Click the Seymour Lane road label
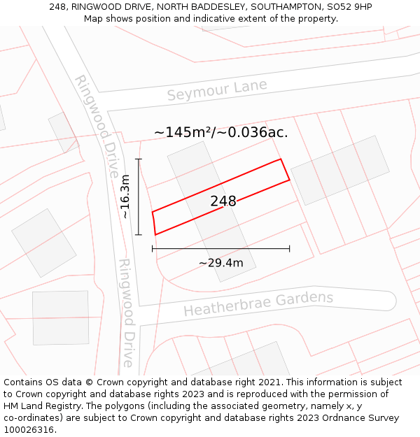[217, 90]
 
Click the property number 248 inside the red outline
[223, 201]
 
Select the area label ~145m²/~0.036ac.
[221, 131]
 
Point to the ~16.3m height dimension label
[125, 196]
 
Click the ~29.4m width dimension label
[220, 263]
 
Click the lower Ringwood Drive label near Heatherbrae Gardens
[126, 313]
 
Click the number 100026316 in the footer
[30, 430]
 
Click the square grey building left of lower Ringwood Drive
[61, 317]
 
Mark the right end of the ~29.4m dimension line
[289, 248]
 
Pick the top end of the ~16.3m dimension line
[139, 159]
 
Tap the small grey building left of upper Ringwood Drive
[63, 131]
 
